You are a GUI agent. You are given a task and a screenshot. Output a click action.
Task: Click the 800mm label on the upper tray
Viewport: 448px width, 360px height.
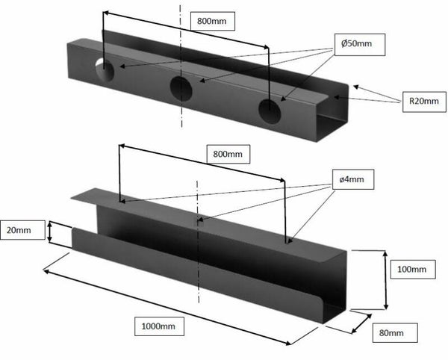click(x=212, y=21)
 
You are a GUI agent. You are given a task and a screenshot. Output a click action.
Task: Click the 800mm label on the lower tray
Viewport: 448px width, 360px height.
click(x=228, y=155)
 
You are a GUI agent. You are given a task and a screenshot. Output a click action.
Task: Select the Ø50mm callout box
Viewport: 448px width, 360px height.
click(x=360, y=45)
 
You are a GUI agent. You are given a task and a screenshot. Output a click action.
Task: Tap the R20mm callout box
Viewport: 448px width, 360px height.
click(x=424, y=102)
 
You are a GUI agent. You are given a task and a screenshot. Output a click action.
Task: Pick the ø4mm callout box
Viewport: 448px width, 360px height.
click(x=353, y=179)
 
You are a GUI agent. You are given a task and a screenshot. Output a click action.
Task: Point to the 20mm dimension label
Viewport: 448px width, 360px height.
click(x=22, y=230)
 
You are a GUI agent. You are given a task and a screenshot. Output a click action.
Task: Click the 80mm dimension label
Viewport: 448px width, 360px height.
click(x=395, y=333)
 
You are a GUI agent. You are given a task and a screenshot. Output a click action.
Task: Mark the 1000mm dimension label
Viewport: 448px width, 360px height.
click(x=159, y=326)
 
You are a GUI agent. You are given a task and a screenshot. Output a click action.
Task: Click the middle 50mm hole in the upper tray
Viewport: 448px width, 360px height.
click(x=181, y=89)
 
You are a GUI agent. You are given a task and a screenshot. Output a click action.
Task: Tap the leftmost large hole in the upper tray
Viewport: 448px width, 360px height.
click(x=105, y=70)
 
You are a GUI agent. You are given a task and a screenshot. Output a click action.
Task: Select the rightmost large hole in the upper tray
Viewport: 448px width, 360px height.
click(x=270, y=111)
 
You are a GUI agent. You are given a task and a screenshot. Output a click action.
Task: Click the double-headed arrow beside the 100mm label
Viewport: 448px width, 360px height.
click(x=386, y=280)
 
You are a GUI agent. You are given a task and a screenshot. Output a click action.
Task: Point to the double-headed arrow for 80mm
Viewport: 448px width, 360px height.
click(x=361, y=323)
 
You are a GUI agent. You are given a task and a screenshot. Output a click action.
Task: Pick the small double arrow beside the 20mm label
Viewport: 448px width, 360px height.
click(x=50, y=232)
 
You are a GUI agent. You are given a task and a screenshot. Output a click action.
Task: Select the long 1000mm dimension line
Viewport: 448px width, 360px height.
click(x=167, y=307)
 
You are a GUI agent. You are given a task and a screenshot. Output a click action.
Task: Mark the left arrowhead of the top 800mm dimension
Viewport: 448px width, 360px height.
click(x=105, y=13)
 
